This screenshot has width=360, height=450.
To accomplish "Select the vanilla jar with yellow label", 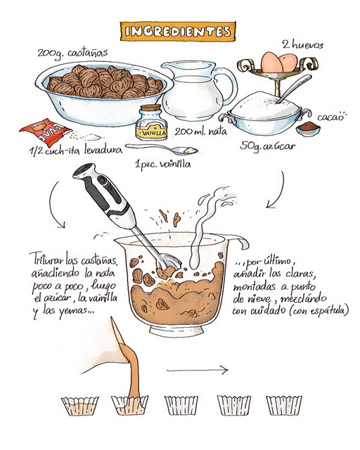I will pos(151,124).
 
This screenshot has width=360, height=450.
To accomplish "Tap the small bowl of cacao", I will pos(307,129).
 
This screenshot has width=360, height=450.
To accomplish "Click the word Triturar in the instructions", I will pos(47,258).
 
